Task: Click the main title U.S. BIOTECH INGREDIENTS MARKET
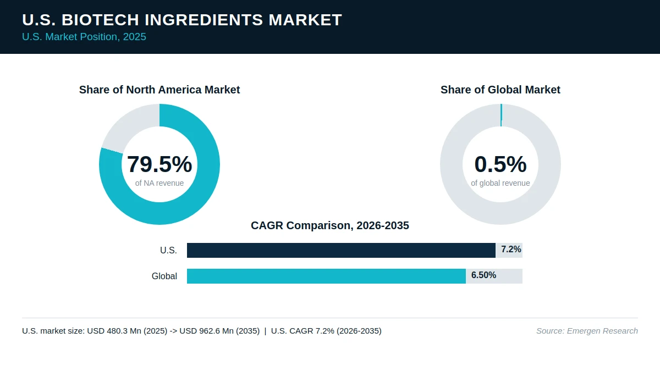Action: click(x=182, y=20)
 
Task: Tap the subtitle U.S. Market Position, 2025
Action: click(x=84, y=37)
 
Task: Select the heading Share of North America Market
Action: click(x=159, y=90)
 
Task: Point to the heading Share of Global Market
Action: click(x=501, y=90)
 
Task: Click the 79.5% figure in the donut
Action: click(x=159, y=164)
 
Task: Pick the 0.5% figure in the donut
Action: click(x=501, y=164)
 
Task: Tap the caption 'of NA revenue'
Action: click(x=159, y=183)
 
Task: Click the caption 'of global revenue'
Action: click(x=501, y=183)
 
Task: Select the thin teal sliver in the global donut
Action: click(x=501, y=115)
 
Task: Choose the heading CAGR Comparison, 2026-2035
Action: click(x=330, y=225)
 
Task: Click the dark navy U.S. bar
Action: click(x=341, y=250)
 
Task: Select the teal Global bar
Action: click(x=327, y=276)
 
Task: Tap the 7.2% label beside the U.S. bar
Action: click(x=511, y=250)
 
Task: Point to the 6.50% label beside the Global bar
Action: click(x=484, y=275)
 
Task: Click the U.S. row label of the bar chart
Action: click(x=168, y=250)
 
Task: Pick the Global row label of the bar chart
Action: click(x=164, y=276)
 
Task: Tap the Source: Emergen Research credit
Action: click(x=587, y=331)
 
